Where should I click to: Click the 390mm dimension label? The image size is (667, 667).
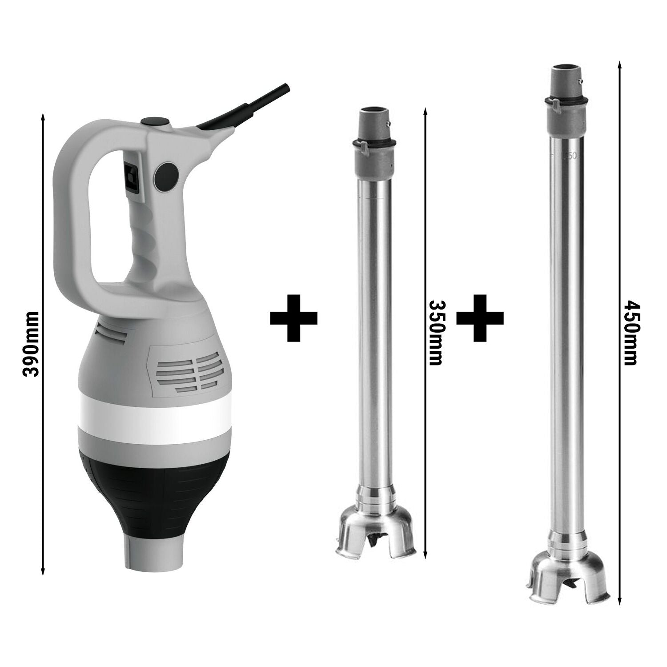[x=32, y=344]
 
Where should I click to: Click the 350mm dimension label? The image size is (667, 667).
[x=436, y=332]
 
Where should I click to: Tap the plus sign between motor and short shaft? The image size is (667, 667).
[x=293, y=317]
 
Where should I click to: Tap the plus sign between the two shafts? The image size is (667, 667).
[x=480, y=317]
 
